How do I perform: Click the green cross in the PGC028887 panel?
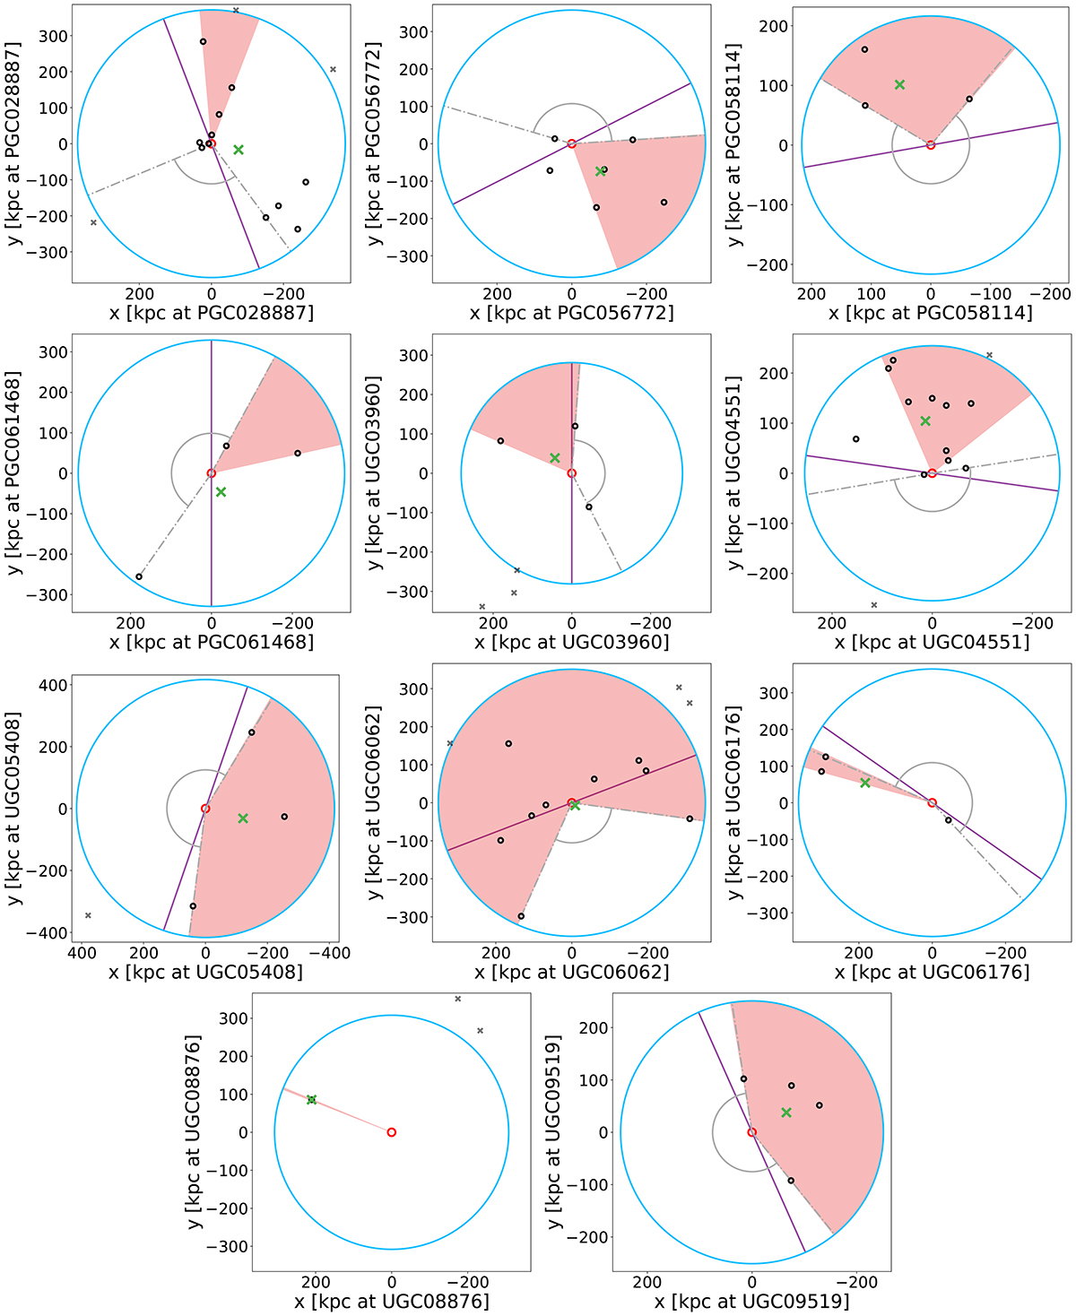(x=239, y=150)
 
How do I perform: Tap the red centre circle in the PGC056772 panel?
(x=571, y=143)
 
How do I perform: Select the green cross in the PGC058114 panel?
(x=899, y=85)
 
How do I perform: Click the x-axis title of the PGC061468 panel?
(x=212, y=642)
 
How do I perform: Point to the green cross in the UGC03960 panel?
(x=555, y=458)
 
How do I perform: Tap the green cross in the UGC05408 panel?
(x=243, y=818)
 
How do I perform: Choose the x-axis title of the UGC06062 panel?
(x=572, y=972)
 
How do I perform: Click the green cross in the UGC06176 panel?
(x=865, y=783)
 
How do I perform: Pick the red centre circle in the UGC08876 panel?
(x=391, y=1132)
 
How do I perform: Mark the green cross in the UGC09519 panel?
(x=786, y=1113)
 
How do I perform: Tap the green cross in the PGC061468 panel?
(x=221, y=492)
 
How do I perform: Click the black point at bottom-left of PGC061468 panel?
(x=139, y=576)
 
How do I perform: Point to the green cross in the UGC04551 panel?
(x=925, y=421)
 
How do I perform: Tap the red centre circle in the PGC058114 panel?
(x=931, y=145)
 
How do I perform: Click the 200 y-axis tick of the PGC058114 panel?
(x=777, y=26)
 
